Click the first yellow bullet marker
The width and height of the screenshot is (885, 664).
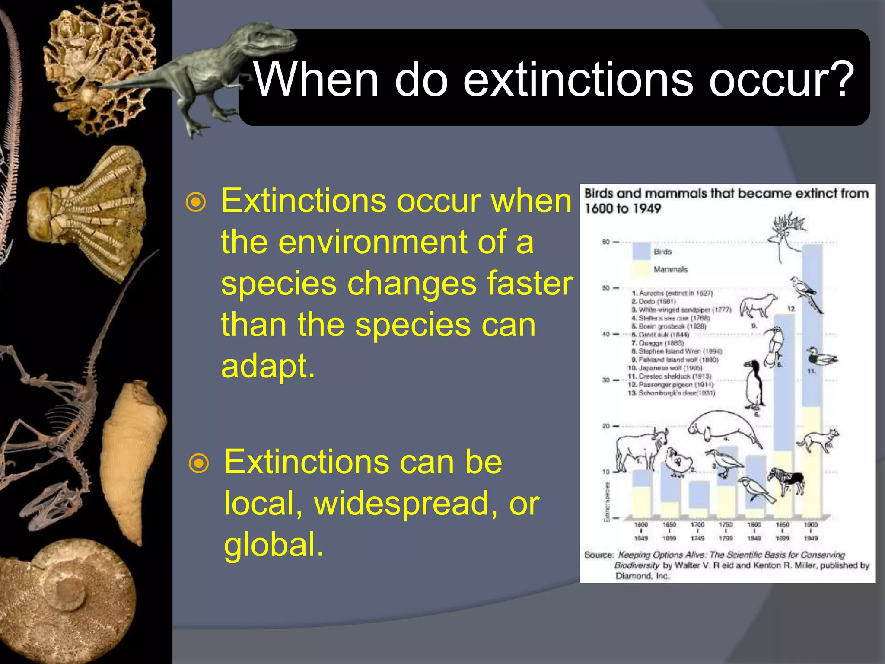click(x=196, y=202)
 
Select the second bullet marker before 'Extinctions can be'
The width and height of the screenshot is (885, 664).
click(x=199, y=463)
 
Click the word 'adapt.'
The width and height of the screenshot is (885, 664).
click(x=268, y=366)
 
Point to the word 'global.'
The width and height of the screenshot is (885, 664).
click(x=274, y=544)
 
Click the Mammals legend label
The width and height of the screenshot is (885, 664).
click(x=670, y=269)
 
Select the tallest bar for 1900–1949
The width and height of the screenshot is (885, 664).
click(x=812, y=380)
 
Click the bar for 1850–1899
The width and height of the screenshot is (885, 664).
click(x=783, y=415)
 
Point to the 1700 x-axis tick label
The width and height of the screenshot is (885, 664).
click(x=697, y=524)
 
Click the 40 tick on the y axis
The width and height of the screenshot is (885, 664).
click(x=606, y=334)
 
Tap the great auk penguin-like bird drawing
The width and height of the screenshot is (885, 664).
click(x=754, y=385)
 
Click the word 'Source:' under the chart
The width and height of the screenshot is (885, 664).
click(x=598, y=555)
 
